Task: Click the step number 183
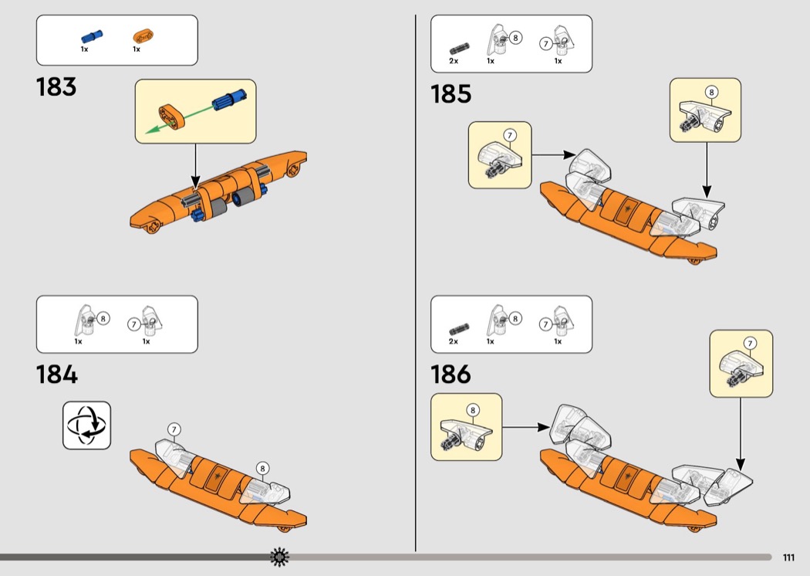point(56,86)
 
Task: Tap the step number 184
point(57,374)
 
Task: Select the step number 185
point(451,94)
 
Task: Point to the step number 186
point(451,374)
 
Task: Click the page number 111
point(788,558)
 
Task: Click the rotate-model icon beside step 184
point(86,425)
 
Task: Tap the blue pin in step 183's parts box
point(91,36)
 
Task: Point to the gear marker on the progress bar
point(279,557)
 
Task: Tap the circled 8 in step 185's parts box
point(515,37)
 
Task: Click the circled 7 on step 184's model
point(174,429)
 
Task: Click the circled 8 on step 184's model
point(262,468)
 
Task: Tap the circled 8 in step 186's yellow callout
point(472,410)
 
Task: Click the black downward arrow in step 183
point(194,166)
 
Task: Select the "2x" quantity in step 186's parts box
point(454,341)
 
